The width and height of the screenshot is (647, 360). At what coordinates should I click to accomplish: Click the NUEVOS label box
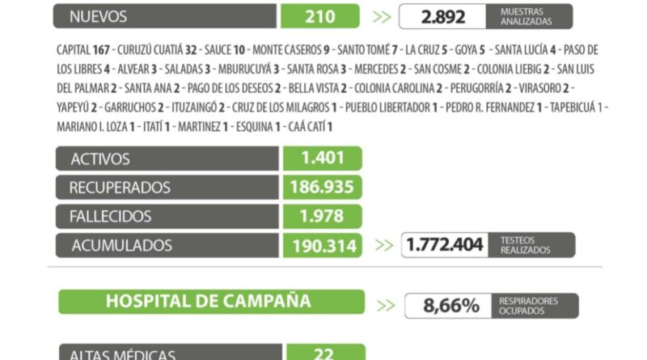[166, 15]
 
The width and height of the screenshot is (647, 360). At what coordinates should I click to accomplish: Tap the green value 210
[320, 15]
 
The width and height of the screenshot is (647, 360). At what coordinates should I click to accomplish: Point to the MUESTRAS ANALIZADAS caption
[527, 16]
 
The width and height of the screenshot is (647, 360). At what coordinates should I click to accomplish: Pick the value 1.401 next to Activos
[322, 159]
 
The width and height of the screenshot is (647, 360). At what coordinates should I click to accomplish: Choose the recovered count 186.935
[322, 188]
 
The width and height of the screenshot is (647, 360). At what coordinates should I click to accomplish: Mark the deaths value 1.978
[322, 216]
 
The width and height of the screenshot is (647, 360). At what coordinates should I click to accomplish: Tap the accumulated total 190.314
[322, 244]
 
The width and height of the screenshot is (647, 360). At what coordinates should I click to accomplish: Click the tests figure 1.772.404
[446, 244]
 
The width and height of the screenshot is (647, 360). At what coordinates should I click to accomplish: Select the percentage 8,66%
[452, 306]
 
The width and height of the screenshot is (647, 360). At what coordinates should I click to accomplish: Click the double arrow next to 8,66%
[387, 305]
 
